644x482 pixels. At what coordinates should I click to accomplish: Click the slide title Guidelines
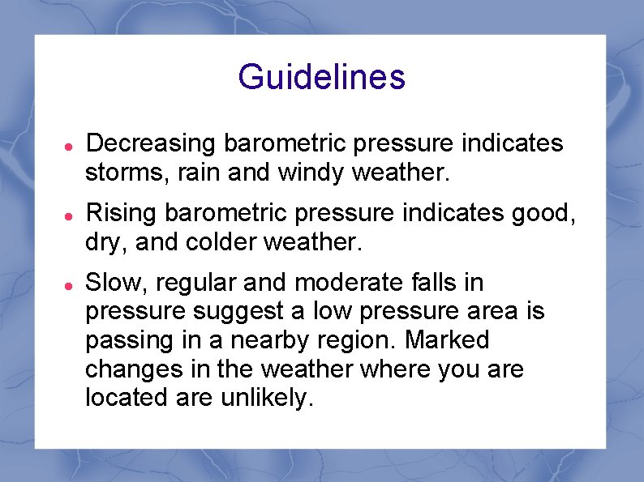coord(321,78)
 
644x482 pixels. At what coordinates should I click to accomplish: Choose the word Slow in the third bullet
coord(110,283)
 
